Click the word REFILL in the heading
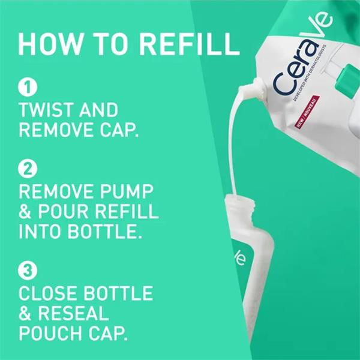(x=190, y=44)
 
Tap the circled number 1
(x=28, y=87)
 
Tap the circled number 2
(x=28, y=169)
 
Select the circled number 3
(x=28, y=271)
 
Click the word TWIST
(x=46, y=110)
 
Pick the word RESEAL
(x=73, y=313)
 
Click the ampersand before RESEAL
(x=25, y=313)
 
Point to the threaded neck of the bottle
(x=241, y=202)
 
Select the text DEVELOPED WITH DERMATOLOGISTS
(x=310, y=73)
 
